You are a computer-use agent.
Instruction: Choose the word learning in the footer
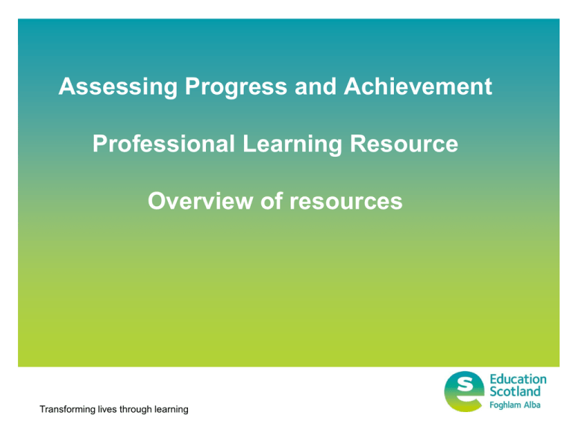click(171, 409)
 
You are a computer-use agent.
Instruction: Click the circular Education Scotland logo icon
click(465, 391)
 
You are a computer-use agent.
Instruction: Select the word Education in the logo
click(518, 379)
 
